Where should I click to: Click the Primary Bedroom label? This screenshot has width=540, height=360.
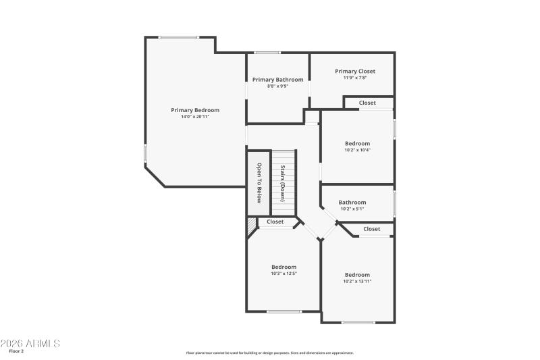195,110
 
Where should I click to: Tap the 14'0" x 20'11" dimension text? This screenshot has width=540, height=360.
195,117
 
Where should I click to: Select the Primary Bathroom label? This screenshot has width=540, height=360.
278,80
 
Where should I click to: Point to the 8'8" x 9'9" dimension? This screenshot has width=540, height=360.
278,86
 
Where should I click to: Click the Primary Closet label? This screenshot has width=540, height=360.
355,71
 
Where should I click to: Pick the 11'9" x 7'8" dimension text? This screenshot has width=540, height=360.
355,78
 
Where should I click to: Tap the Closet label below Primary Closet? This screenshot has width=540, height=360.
367,103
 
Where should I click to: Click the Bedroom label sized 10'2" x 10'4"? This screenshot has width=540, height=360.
357,143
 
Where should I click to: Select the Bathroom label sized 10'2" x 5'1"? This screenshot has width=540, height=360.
352,202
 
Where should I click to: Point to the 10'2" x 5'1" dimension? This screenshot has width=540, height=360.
352,209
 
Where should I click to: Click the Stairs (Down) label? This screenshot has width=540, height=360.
283,182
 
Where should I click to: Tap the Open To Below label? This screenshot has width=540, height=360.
258,182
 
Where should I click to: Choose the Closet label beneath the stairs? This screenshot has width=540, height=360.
275,222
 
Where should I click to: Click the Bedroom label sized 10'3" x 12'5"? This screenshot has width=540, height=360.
284,267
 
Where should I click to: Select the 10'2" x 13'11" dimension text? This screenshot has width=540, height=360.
357,281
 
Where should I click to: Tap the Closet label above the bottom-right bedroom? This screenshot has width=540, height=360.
372,229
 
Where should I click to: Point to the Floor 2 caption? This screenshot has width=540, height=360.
16,351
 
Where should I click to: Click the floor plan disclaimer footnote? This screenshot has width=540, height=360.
269,353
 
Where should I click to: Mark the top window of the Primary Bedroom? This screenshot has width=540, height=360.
179,37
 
